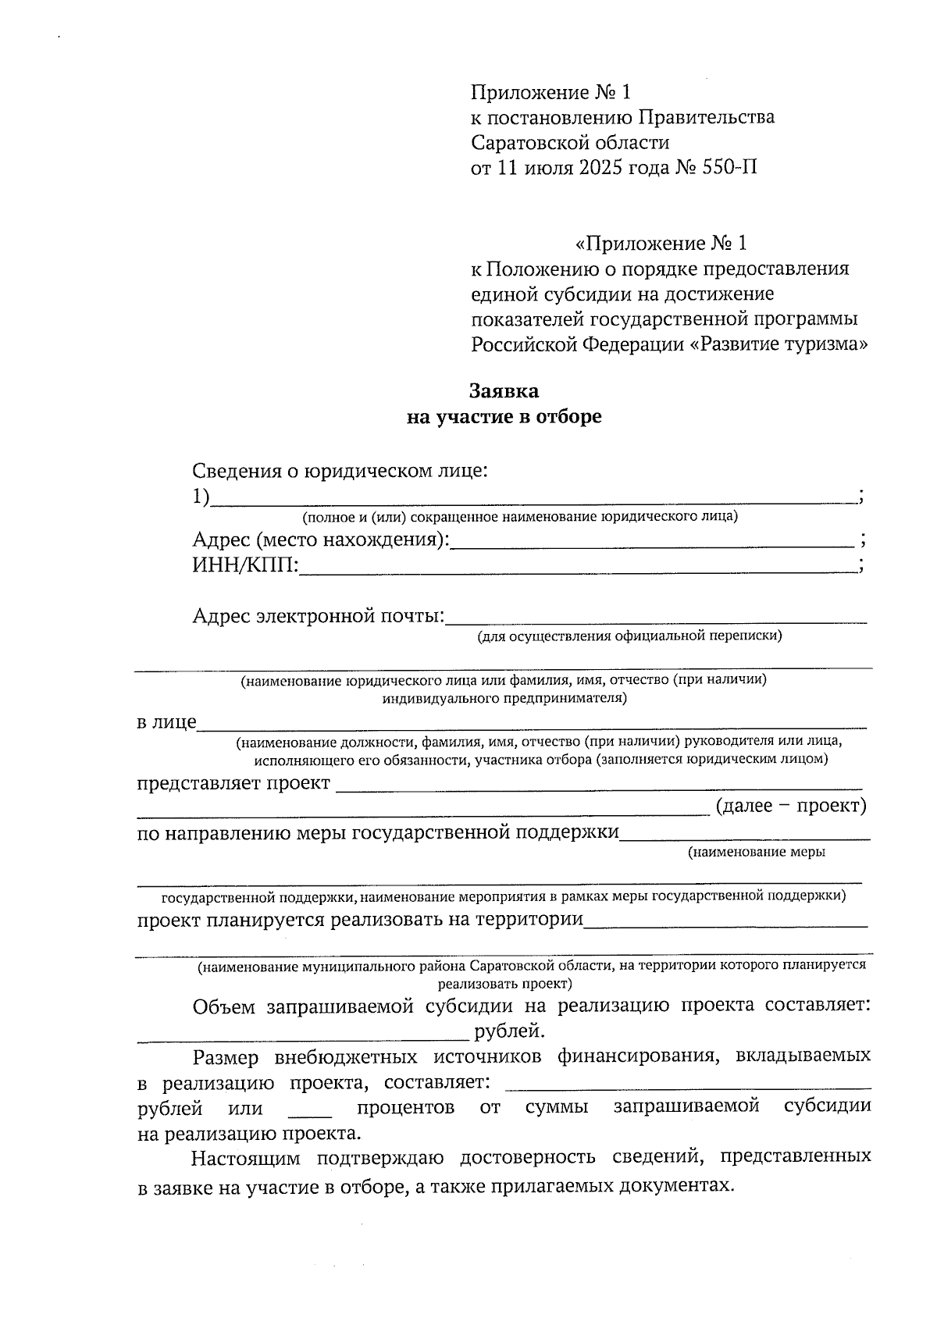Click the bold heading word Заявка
click(x=504, y=390)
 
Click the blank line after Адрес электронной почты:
click(x=656, y=620)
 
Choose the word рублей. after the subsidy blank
click(x=508, y=1032)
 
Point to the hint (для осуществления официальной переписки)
click(x=630, y=636)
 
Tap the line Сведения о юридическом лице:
click(x=340, y=472)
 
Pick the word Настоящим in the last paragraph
click(x=240, y=1156)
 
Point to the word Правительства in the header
click(x=707, y=118)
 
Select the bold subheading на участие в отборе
click(x=504, y=417)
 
